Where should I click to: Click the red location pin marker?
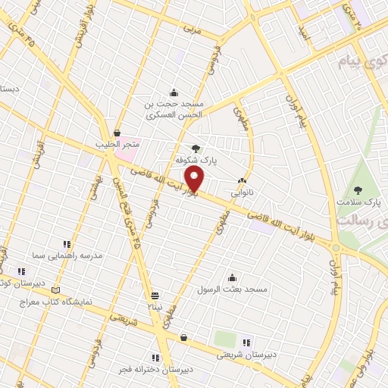point(196,179)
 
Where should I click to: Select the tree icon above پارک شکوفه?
point(196,149)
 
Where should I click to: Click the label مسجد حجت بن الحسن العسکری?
point(174,109)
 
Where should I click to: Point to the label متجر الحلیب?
point(116,144)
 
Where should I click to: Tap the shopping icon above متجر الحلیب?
point(116,132)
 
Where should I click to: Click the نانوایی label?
point(242,192)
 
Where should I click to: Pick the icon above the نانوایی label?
point(242,180)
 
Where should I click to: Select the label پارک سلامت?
point(360,202)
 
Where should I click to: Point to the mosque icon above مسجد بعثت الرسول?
point(231,277)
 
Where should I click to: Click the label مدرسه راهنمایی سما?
point(67,257)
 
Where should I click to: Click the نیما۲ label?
point(155,307)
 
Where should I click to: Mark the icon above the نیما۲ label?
point(155,296)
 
